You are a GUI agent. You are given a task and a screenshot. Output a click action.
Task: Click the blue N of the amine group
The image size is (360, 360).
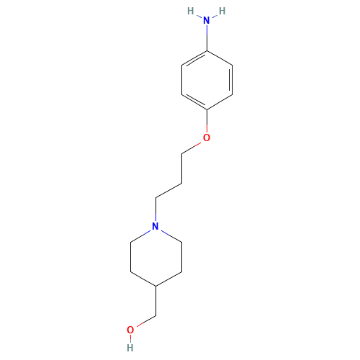click(207, 22)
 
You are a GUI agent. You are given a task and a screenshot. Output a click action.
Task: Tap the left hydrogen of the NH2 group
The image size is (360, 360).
click(191, 11)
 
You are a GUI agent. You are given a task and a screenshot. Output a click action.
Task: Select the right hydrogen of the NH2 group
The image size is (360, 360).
click(222, 11)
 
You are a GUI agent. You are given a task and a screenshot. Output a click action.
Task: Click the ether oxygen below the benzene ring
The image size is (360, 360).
click(207, 138)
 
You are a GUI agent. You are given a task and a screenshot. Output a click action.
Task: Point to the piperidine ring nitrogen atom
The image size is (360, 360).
click(156, 227)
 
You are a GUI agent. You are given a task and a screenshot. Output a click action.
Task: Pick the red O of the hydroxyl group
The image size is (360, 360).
click(130, 330)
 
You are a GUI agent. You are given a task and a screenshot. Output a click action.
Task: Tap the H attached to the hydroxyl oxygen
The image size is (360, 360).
click(130, 346)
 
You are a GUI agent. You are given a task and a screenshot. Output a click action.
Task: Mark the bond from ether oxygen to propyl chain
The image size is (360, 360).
click(193, 146)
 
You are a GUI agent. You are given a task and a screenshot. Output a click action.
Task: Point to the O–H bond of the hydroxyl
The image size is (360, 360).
click(130, 338)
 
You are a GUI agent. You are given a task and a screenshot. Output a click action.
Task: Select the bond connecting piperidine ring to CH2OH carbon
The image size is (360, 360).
click(156, 300)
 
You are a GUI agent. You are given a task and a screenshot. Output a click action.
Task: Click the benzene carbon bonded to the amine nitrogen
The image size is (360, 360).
click(207, 50)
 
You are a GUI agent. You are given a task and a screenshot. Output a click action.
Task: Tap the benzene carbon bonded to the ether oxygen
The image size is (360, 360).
click(207, 109)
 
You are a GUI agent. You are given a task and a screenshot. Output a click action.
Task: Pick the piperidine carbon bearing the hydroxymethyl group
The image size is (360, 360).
click(156, 287)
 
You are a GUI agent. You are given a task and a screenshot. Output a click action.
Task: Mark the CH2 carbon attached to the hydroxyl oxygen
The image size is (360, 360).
click(156, 315)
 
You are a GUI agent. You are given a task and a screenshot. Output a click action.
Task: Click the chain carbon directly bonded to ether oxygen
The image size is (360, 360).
click(181, 153)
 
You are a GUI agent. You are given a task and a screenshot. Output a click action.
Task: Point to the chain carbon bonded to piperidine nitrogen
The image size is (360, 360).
click(156, 197)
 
